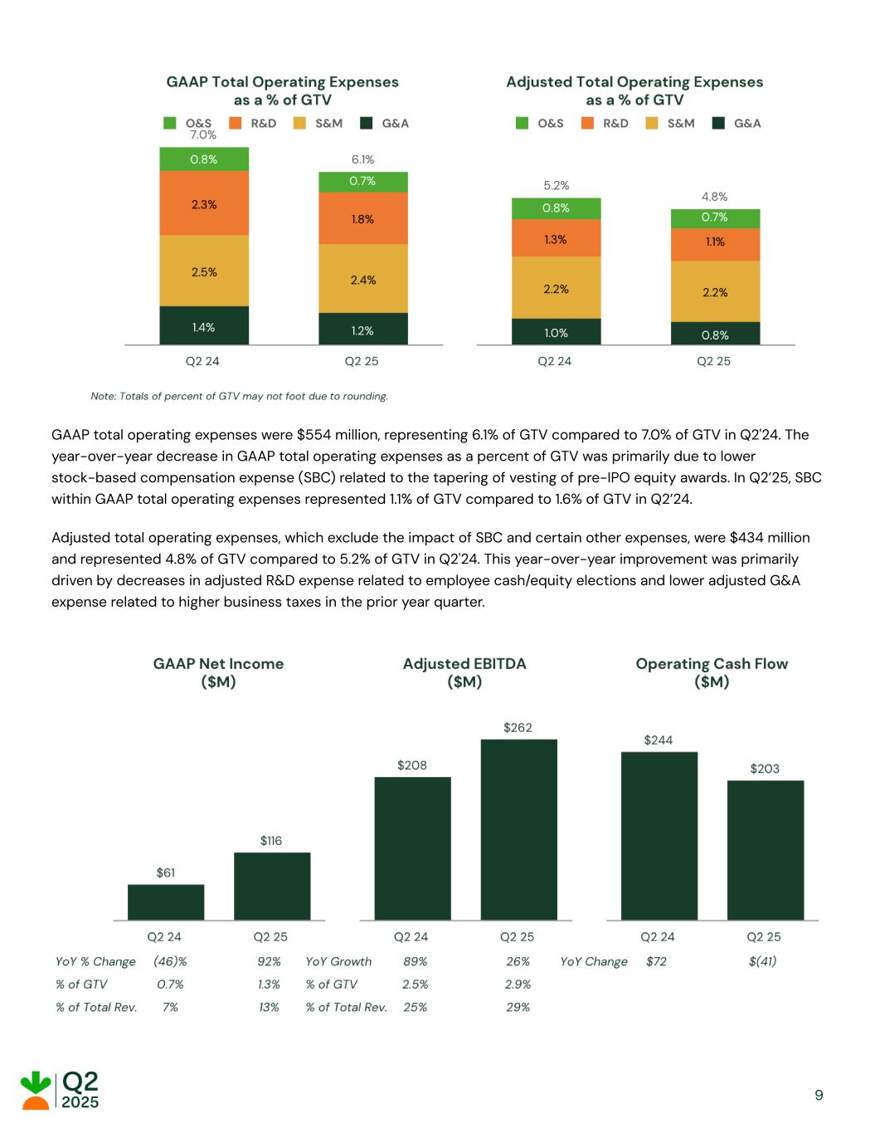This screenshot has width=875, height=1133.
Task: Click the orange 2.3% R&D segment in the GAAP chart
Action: pos(204,203)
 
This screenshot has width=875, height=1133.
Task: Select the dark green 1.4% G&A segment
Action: pos(204,326)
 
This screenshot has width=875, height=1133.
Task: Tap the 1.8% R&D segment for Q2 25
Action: pos(363,219)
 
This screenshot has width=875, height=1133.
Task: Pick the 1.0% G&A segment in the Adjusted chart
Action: pos(556,332)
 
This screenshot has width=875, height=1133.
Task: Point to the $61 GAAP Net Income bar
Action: pos(166,902)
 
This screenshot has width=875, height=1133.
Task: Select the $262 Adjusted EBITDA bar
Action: pos(518,829)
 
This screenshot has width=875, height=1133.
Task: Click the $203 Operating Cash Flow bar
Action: pos(765,850)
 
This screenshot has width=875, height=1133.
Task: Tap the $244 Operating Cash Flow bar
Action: pos(659,836)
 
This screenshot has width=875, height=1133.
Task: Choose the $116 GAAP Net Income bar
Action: pos(272,886)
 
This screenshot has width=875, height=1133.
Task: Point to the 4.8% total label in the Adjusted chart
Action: pos(714,197)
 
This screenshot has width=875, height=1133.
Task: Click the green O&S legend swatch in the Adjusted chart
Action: pos(522,124)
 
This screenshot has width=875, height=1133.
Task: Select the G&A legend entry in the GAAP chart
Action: pos(385,124)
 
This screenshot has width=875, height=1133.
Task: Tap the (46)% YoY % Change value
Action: pos(170,961)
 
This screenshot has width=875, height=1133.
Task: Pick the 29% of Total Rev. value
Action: pos(518,1007)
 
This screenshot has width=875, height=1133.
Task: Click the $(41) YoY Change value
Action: pos(762,961)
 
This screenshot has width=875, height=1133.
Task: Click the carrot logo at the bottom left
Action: pos(35,1090)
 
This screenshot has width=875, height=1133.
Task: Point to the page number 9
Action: pos(819,1095)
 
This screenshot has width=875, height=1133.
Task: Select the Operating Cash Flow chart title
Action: pos(712,672)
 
